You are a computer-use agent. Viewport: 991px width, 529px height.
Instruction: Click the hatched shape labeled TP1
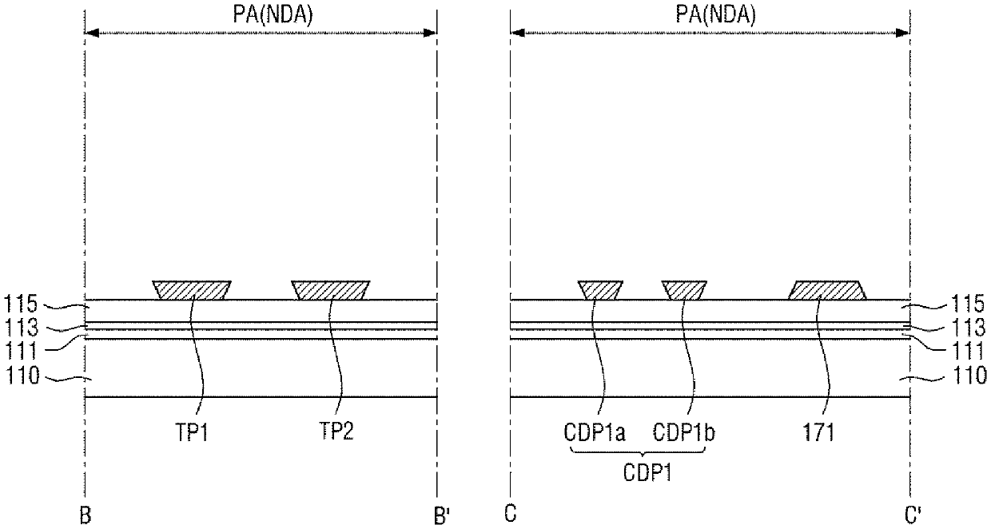pos(192,290)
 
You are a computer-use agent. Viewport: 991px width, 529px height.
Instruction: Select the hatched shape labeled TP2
pos(331,290)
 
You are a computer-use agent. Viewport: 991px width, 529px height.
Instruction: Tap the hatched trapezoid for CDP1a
pos(600,290)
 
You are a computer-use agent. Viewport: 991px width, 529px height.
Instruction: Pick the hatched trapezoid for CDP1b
pos(684,290)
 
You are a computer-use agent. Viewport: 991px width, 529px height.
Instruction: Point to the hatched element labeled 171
pos(827,290)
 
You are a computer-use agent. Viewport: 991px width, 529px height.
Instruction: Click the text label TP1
pos(192,432)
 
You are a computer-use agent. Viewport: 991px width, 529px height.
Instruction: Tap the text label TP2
pos(336,432)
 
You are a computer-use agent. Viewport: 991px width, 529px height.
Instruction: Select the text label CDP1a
pos(594,432)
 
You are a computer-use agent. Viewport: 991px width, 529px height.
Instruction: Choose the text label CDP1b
pos(683,432)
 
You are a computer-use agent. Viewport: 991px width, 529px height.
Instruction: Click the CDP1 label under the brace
pos(647,472)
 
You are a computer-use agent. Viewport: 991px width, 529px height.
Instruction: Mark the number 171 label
pos(818,432)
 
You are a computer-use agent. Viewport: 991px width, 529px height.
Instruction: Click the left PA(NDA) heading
pos(273,14)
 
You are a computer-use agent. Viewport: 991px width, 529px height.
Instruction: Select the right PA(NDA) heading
pos(715,14)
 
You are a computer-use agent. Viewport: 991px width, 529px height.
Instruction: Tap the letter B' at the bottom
pos(441,515)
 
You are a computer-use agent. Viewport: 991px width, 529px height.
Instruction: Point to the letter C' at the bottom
pos(913,515)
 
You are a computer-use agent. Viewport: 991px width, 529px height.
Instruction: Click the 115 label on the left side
pos(22,304)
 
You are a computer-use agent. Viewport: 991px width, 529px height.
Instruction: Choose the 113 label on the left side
pos(22,328)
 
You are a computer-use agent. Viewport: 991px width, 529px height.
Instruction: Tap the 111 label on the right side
pos(969,351)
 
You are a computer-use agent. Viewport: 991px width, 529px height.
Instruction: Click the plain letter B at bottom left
pos(85,515)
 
